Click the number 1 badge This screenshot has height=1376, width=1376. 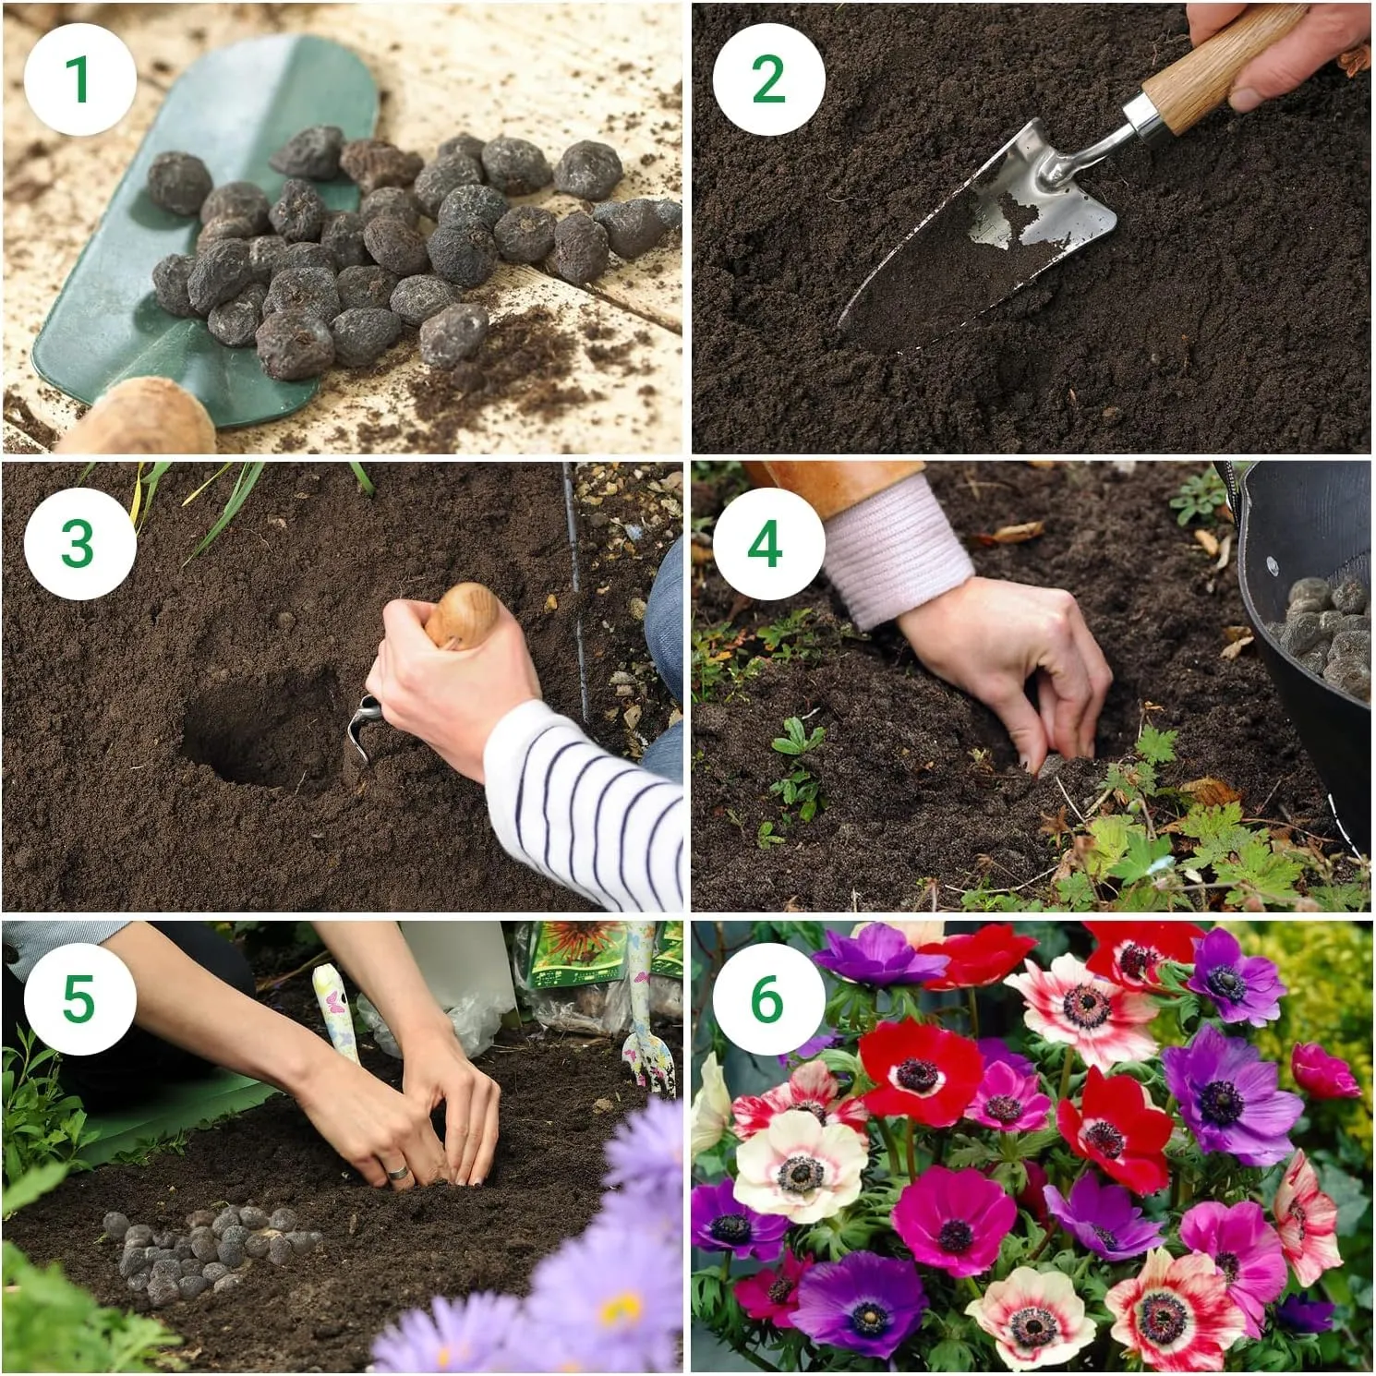79,79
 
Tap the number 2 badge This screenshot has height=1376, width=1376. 768,79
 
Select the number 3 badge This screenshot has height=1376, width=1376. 79,543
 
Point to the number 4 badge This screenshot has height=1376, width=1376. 768,543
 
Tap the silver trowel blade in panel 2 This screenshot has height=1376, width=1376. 979,231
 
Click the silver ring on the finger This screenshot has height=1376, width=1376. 399,1172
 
